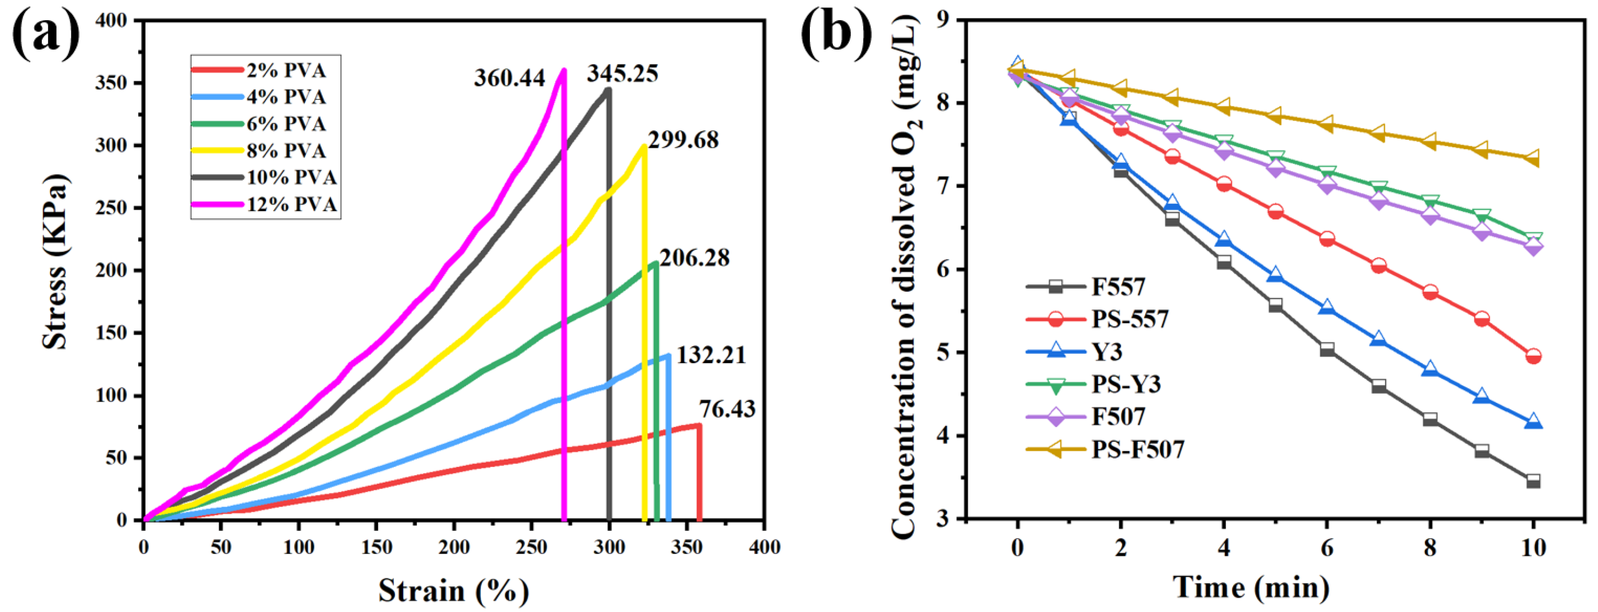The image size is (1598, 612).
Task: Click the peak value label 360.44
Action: point(509,78)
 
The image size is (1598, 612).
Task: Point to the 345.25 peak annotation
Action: point(622,74)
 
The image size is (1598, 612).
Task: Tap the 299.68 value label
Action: point(683,140)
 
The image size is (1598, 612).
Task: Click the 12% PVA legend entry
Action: point(292,204)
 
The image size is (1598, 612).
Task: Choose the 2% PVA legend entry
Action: point(286,71)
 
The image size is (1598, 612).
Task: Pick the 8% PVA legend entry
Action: point(286,151)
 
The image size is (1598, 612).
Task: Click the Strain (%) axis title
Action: point(453,590)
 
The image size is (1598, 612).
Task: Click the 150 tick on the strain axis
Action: point(377,548)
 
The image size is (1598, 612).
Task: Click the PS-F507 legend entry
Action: point(1138,449)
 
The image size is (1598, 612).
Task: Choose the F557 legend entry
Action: point(1118,287)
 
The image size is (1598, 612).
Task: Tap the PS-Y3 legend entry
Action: point(1125,384)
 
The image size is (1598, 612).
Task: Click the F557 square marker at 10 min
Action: point(1533,481)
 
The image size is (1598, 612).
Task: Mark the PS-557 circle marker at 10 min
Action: point(1533,356)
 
